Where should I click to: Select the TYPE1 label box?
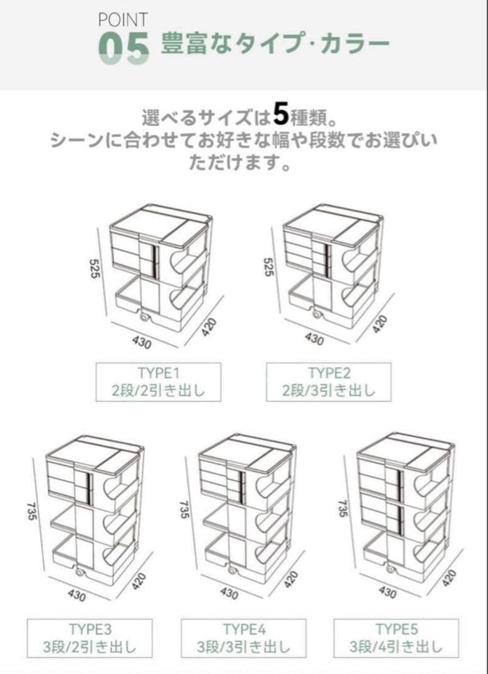pos(158,383)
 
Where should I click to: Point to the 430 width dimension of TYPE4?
pos(228,593)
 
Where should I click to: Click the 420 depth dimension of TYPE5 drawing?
pos(449,577)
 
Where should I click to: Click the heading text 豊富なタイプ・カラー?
pos(275,45)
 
